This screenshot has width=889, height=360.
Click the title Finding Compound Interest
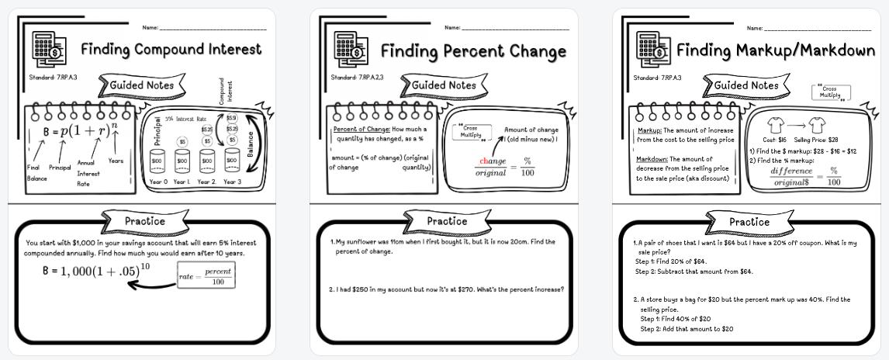coord(171,50)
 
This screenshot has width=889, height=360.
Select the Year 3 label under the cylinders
coord(233,182)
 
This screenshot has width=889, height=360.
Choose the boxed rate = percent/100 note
coord(205,275)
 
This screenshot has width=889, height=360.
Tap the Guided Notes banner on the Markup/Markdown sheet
coord(745,85)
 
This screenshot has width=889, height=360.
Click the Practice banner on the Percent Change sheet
coord(447,221)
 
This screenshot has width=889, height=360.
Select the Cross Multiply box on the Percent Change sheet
coord(471,131)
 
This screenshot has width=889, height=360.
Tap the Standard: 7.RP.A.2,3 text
coord(357,78)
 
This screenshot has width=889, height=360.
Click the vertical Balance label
coord(251,144)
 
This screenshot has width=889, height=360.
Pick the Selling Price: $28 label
coord(816,140)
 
